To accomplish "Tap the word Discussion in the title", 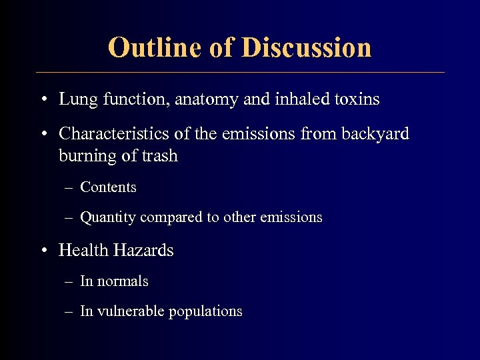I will coord(307,48).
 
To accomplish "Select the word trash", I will coord(160,156).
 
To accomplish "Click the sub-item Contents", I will coord(108,187).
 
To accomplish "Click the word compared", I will coord(172,217).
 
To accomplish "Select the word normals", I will coord(123,281).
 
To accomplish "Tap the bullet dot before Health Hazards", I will coord(43,251).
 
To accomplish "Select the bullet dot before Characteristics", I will coord(43,135).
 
